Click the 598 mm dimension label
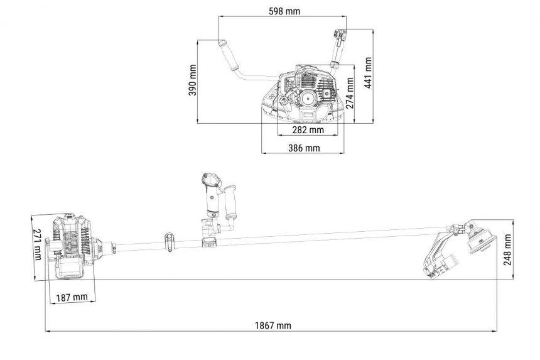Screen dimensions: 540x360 (x=284, y=11)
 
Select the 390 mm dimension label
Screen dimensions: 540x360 (x=193, y=80)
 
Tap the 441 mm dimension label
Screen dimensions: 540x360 (x=368, y=73)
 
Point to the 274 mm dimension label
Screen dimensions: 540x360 (x=350, y=92)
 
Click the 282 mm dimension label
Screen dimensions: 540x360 (x=308, y=130)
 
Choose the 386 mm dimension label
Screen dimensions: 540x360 (x=304, y=148)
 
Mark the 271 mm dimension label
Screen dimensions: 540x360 (x=38, y=244)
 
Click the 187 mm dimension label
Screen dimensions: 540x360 (x=72, y=297)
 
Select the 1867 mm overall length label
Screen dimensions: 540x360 (x=273, y=325)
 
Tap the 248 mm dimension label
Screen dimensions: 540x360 (x=507, y=250)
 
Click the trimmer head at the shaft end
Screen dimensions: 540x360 (x=481, y=238)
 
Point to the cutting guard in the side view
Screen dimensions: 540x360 (x=438, y=255)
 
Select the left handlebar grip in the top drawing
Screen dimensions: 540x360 (x=228, y=55)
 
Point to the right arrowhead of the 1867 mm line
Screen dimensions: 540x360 (x=495, y=331)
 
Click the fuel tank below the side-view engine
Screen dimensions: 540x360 (x=70, y=269)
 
